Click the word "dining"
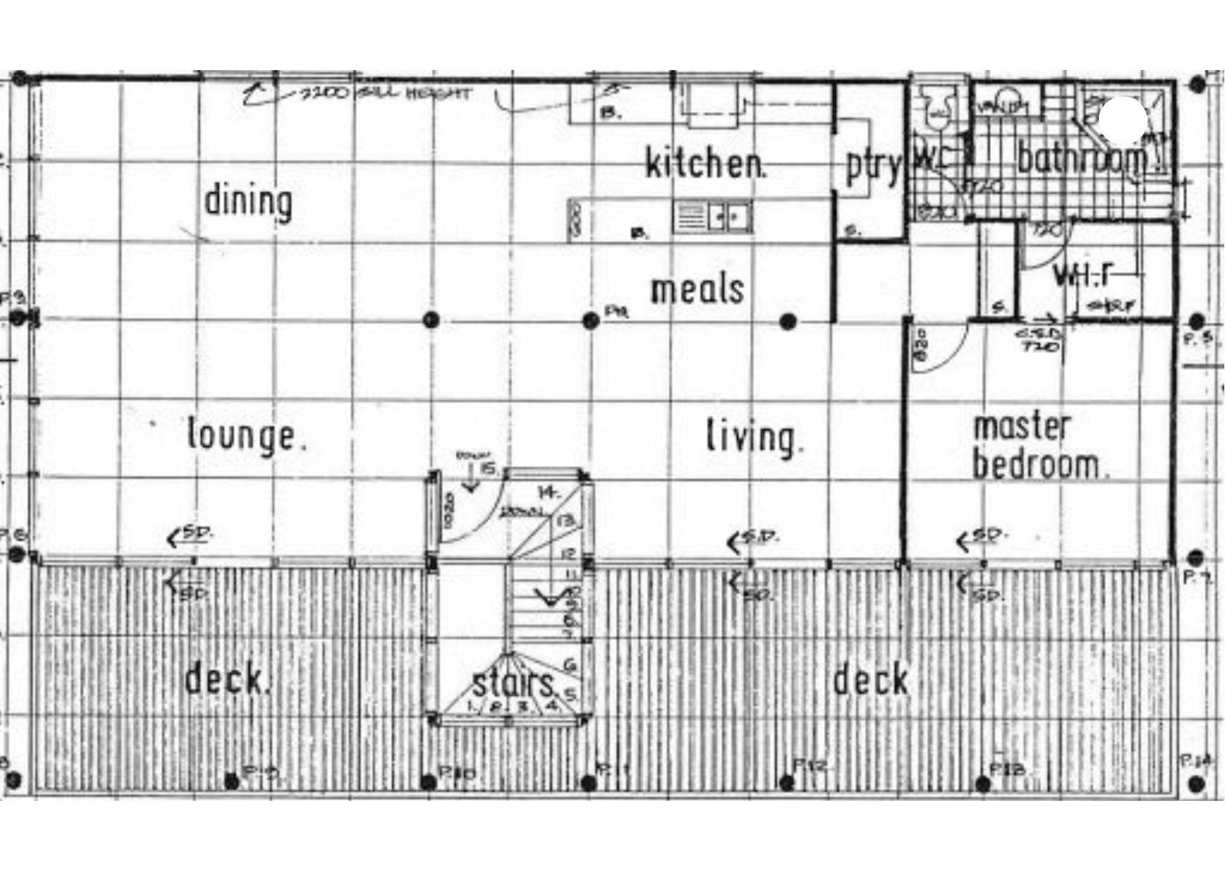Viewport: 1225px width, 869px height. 248,202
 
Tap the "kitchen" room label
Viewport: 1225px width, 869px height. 704,164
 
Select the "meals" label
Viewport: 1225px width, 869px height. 697,290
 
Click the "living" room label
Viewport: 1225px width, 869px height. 753,437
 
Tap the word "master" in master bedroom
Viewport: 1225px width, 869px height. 1022,427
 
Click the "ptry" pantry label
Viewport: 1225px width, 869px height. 871,166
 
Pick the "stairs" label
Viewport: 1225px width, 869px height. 514,683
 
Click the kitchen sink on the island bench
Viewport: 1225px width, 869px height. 713,216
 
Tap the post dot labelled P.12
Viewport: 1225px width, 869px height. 787,781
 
